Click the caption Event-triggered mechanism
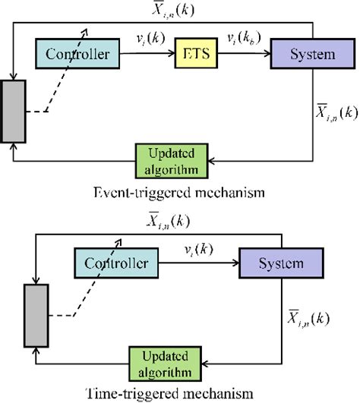pyautogui.click(x=179, y=194)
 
